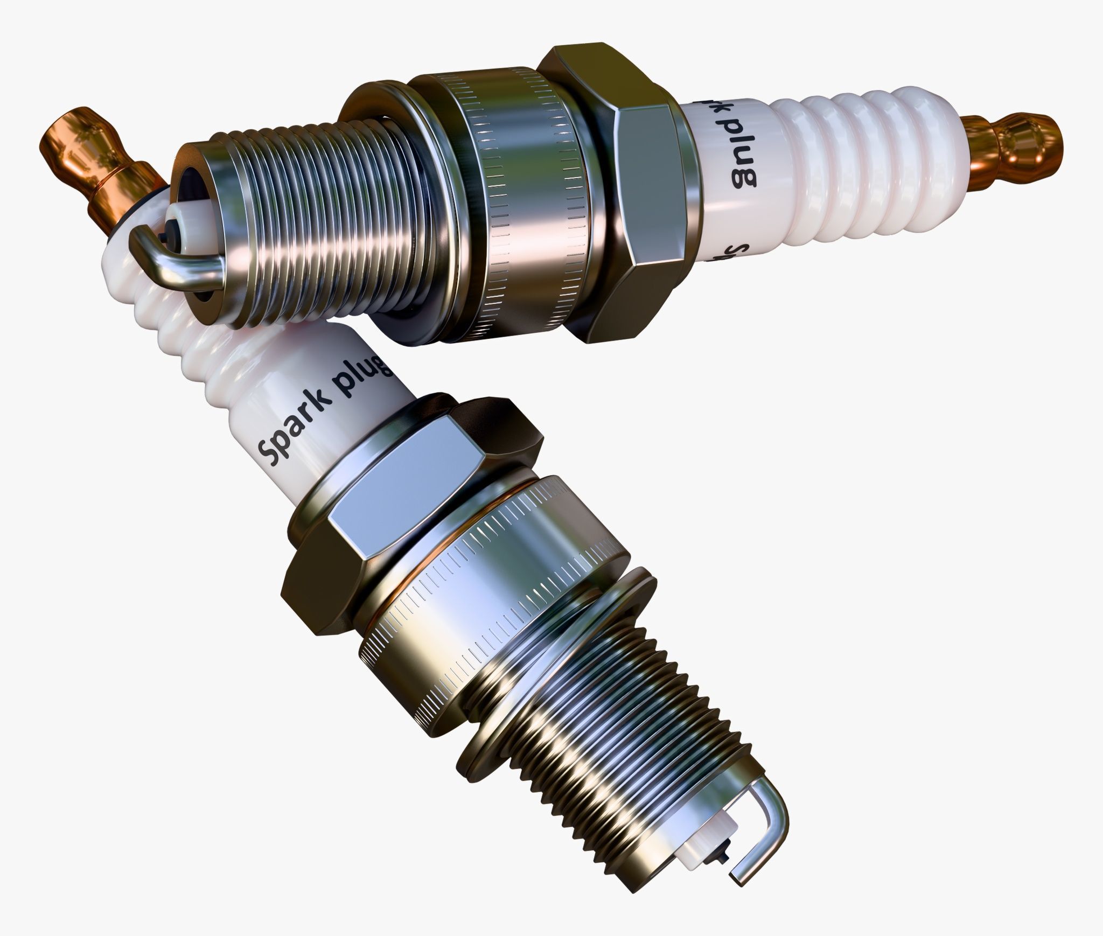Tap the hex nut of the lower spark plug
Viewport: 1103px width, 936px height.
pos(409,501)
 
